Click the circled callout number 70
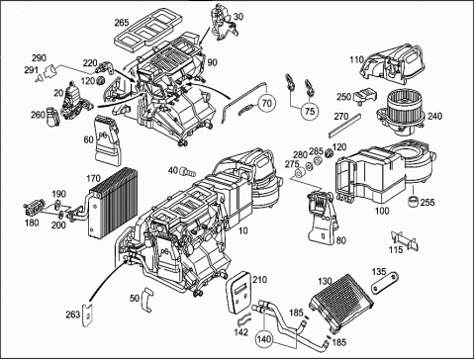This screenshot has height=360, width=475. tap(266, 104)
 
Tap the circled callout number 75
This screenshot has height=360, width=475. tap(310, 111)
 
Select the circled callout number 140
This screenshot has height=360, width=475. tap(265, 338)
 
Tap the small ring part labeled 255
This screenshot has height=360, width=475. tap(414, 201)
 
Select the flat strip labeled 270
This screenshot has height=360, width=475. tap(344, 126)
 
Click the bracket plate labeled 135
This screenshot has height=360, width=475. tap(385, 283)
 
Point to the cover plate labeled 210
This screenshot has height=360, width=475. tap(237, 292)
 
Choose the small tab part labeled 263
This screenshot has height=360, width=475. tap(87, 315)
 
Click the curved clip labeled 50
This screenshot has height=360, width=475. tap(146, 299)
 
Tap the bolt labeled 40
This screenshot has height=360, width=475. tap(187, 172)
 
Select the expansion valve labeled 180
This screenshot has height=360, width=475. tap(34, 209)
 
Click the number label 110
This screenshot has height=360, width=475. tap(356, 59)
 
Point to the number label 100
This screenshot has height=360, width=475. tap(382, 211)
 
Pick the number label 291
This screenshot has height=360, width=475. tap(31, 70)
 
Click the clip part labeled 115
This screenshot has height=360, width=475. tap(405, 241)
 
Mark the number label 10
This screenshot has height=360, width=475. tap(242, 230)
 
